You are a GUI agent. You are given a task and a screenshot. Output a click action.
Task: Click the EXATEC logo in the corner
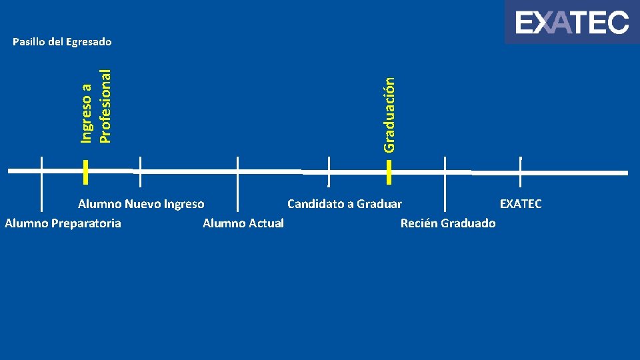(x=571, y=23)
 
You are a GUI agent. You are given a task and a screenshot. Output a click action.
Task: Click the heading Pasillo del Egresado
(x=62, y=42)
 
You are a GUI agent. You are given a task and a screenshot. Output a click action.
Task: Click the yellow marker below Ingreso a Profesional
(x=86, y=171)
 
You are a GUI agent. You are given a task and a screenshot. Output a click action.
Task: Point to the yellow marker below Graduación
(x=389, y=171)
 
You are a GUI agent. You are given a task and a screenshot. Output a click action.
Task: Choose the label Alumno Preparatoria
(x=63, y=223)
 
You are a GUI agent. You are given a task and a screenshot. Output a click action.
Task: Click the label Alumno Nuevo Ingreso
(x=141, y=203)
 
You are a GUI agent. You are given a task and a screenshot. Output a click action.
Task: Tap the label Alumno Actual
(x=243, y=223)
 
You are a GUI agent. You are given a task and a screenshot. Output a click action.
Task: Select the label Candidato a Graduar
(x=344, y=203)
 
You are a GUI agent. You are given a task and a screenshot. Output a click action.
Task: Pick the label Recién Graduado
(x=447, y=223)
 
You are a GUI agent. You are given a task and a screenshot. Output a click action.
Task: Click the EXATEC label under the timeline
(x=521, y=203)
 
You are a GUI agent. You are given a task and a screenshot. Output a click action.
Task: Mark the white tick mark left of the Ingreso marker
(x=41, y=172)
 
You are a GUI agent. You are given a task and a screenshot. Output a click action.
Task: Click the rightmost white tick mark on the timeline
(x=520, y=171)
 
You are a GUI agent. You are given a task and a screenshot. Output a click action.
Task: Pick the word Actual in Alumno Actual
(x=267, y=223)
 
